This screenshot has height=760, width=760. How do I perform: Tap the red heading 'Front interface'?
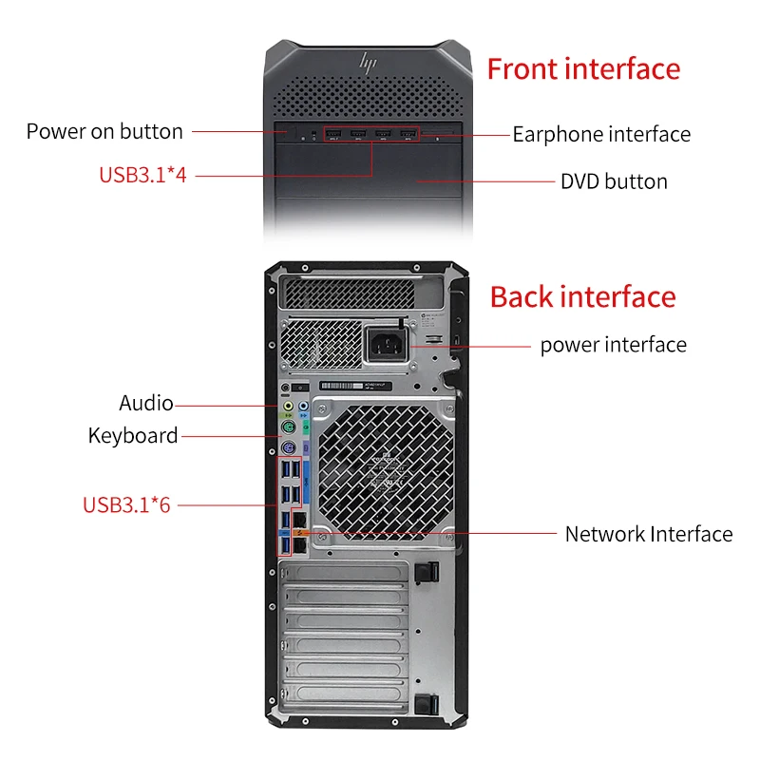(x=583, y=69)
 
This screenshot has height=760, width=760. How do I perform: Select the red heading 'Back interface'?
(x=582, y=296)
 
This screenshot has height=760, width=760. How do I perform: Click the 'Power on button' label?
(x=104, y=131)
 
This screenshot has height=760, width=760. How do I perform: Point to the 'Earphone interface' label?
(x=601, y=134)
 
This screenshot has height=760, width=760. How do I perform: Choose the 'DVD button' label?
(x=614, y=180)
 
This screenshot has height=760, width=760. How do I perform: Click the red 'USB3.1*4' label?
(x=142, y=175)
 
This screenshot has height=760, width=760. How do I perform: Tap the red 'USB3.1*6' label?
(x=126, y=504)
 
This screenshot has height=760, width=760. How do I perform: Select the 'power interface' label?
(x=613, y=344)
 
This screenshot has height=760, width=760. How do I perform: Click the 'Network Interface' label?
(x=649, y=534)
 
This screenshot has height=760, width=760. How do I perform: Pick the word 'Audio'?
(x=146, y=403)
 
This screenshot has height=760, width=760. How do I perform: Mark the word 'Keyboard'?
(x=133, y=436)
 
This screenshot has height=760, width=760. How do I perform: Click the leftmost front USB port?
(x=335, y=133)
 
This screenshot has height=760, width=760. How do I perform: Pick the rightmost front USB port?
(x=408, y=133)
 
